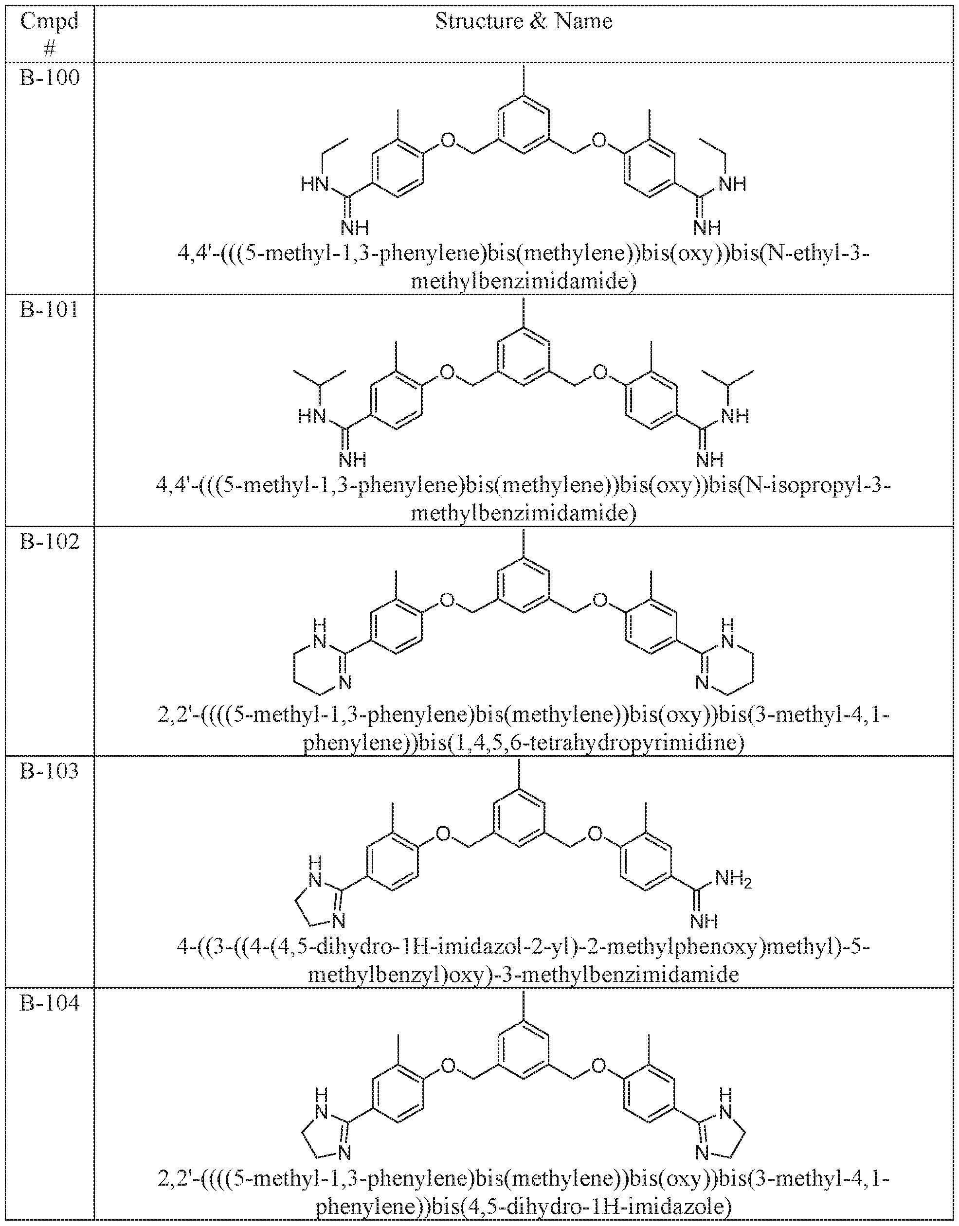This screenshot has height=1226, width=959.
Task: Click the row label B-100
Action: (x=50, y=77)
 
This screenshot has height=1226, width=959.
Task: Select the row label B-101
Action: (x=50, y=309)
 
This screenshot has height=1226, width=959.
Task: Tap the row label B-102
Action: (x=50, y=541)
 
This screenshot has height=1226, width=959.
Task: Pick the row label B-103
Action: (x=50, y=771)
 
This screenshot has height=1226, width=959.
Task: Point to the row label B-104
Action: (x=50, y=1003)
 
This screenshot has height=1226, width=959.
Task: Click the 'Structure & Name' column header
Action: (x=524, y=21)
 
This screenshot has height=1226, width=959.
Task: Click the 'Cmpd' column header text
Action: (x=50, y=21)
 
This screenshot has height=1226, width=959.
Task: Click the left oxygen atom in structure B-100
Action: (x=448, y=140)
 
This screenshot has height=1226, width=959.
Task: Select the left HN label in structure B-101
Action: (x=313, y=416)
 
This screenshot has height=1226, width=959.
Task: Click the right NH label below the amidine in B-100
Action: (x=707, y=227)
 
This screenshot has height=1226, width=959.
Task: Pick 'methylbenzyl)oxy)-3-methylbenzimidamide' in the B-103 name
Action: (x=524, y=975)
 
